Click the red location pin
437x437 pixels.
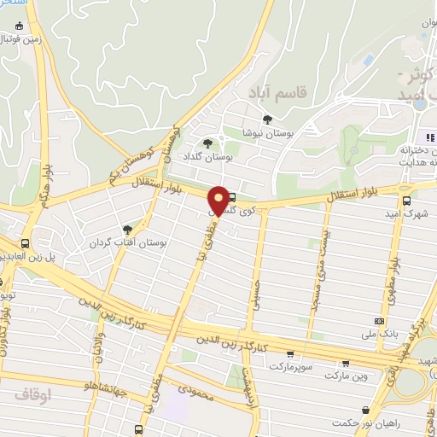[x=219, y=201]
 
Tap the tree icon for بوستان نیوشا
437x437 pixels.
[x=268, y=120]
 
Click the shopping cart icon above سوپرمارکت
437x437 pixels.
[x=291, y=355]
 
